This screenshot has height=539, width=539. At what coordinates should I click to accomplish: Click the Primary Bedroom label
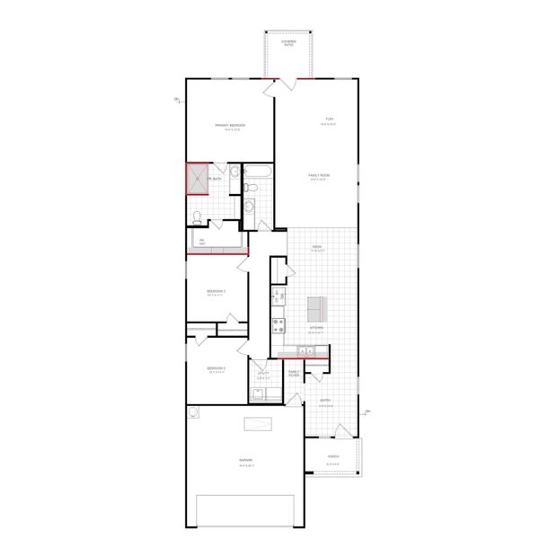(230, 126)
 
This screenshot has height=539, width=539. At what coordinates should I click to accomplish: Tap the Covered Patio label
(288, 42)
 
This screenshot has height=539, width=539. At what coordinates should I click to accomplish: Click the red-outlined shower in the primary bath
(196, 178)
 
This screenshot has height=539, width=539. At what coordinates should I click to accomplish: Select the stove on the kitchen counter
(278, 324)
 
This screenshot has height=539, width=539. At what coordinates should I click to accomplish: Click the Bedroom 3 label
(216, 292)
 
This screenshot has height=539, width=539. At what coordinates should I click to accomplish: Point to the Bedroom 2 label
(216, 368)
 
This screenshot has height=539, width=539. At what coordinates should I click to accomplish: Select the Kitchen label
(316, 328)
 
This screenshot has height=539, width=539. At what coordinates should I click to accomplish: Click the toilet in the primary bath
(197, 216)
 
